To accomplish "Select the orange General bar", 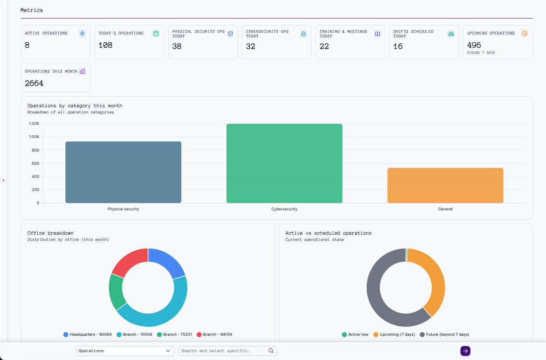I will click(445, 185).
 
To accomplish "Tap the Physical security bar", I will click(123, 172).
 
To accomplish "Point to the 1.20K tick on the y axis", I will click(34, 124).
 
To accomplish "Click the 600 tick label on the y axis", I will click(35, 164).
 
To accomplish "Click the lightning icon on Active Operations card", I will click(82, 34).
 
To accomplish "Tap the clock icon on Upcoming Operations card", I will click(524, 34).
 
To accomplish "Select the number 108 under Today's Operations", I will click(106, 45).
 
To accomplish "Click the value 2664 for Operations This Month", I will click(34, 83).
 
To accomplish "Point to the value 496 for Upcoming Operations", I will click(474, 45).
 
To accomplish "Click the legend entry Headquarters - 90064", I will click(88, 335).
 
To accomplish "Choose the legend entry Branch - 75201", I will click(174, 335).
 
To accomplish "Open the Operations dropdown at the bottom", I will click(125, 351).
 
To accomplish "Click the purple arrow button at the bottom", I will click(465, 351).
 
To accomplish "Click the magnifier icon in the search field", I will click(271, 351).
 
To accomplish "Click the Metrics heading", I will click(32, 10).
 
